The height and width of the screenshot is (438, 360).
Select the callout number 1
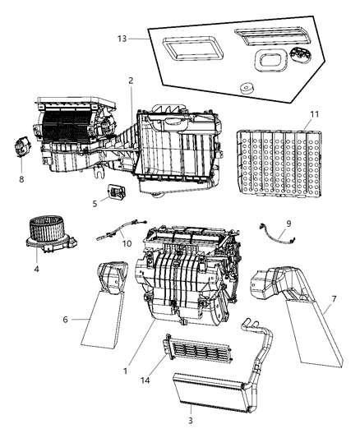[124, 371]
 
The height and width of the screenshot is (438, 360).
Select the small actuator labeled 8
[23, 151]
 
